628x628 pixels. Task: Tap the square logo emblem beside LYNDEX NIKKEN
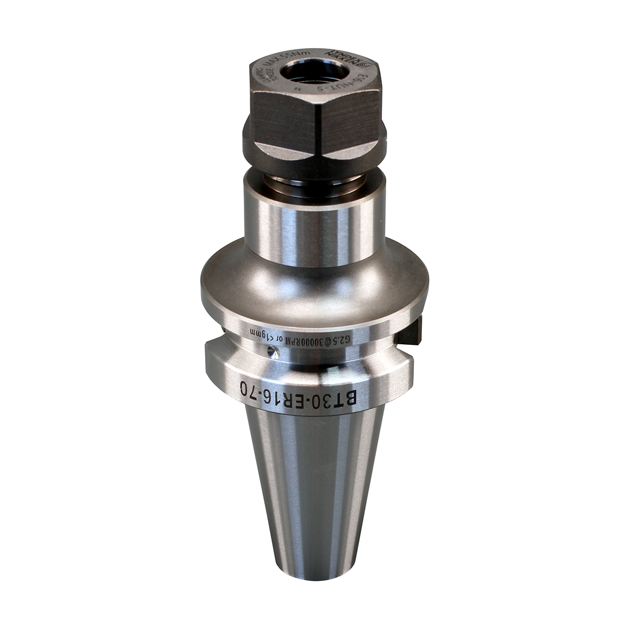point(363,64)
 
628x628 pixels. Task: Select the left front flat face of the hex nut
point(283,120)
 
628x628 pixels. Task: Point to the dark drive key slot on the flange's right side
point(413,332)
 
